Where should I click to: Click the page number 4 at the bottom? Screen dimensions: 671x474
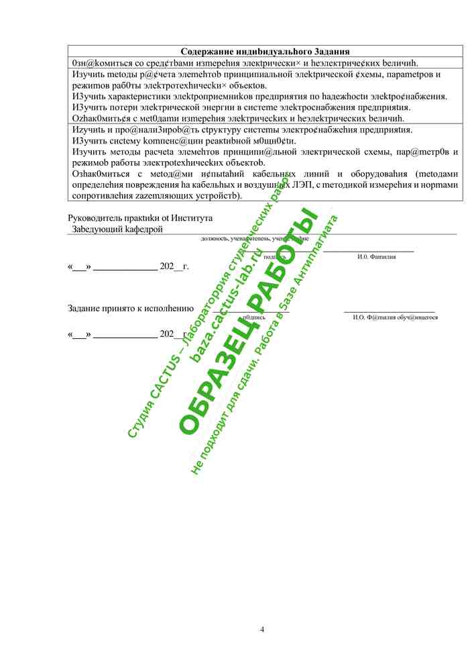click(262, 629)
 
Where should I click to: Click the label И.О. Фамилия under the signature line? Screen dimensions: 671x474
click(376, 256)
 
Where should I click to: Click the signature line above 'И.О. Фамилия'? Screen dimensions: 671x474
click(368, 250)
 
